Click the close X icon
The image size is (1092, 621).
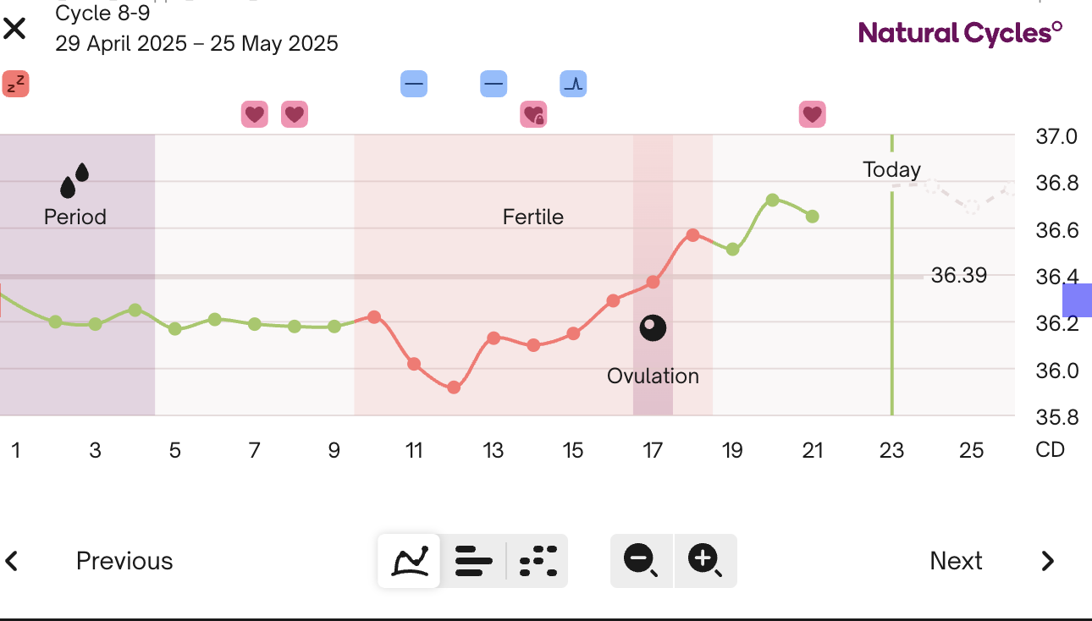click(14, 29)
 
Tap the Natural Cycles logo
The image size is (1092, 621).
click(960, 33)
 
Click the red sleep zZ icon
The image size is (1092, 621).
click(15, 84)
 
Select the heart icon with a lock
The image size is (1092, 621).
click(533, 114)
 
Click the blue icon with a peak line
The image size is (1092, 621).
click(573, 84)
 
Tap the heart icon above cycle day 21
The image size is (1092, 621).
click(812, 114)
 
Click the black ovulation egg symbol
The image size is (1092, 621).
click(653, 327)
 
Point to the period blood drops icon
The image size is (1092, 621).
click(74, 180)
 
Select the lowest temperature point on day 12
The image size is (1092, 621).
click(454, 387)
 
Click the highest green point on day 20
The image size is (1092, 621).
click(772, 200)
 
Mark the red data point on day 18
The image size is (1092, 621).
click(692, 234)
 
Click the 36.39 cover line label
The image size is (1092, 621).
click(958, 275)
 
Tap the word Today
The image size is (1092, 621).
click(891, 169)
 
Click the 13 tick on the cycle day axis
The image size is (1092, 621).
click(494, 449)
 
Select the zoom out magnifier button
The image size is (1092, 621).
click(641, 560)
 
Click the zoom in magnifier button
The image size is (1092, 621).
click(705, 560)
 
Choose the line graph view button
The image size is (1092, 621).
click(409, 560)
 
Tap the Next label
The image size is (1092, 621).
click(956, 561)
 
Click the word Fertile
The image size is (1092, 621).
click(533, 217)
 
